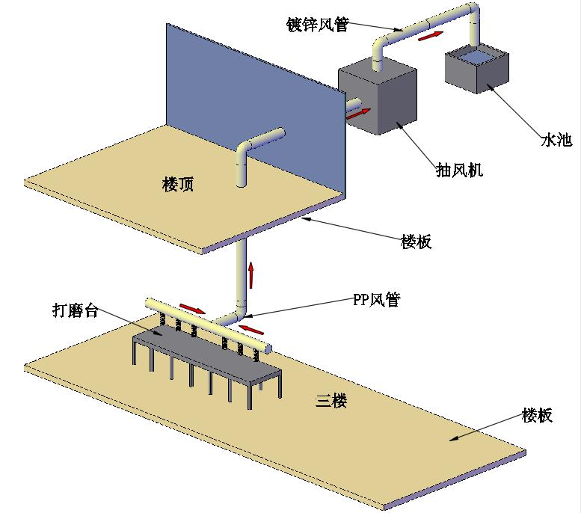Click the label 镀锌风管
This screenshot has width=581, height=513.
coord(317,24)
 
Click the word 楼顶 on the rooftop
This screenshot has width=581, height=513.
coord(178,184)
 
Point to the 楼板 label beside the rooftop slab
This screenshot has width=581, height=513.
coord(416,242)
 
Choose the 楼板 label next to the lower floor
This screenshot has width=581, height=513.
coord(537,415)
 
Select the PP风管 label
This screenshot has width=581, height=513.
coord(376,300)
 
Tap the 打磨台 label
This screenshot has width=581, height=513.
coord(76,311)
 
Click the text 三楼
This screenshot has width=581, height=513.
coord(331,402)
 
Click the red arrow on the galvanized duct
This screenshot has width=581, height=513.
coord(428,36)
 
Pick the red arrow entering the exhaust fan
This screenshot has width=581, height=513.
coord(358,114)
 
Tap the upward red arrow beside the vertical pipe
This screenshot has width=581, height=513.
coord(251,274)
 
